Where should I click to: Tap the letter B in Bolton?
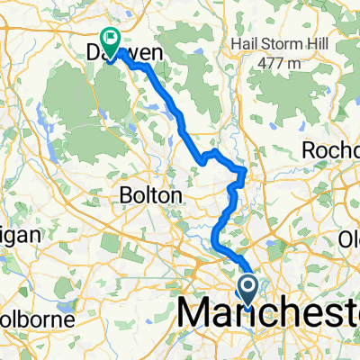[x=127, y=194]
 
